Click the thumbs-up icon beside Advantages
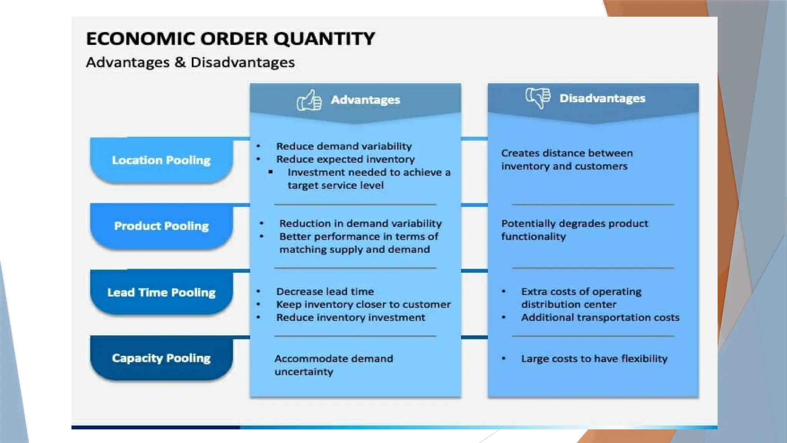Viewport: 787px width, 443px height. coord(309,101)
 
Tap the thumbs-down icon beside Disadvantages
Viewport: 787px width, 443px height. coord(538,98)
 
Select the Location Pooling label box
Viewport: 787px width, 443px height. coord(161,160)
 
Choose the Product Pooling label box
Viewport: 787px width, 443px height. coord(161,226)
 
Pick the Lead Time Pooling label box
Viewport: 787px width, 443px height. coord(161,293)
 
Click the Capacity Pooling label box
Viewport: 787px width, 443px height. coord(161,358)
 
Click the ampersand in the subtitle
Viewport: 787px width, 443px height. coord(180,62)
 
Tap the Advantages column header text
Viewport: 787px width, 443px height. coord(365,100)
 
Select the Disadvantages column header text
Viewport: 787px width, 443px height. coord(602,98)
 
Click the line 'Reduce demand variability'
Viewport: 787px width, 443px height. coord(344,147)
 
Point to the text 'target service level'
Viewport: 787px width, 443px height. coord(335,186)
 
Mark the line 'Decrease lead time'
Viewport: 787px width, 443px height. coord(325,292)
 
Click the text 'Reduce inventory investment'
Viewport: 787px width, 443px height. coord(350,318)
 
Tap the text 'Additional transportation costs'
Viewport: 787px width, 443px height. coord(600,318)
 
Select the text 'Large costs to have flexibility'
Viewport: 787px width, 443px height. coord(594,359)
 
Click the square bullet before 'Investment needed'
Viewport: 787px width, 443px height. coord(271,172)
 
